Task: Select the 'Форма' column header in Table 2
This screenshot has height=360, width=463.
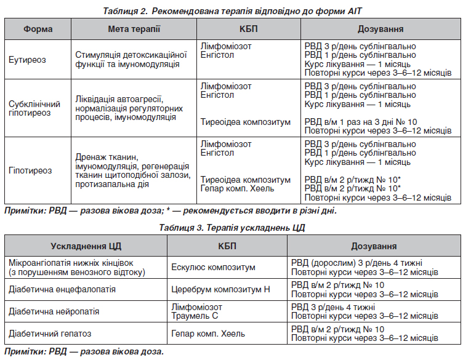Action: (38, 30)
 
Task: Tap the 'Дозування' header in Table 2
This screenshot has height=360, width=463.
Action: (380, 30)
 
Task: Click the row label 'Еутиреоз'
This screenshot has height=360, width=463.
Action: (27, 60)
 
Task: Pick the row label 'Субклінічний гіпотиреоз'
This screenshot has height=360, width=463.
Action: (34, 108)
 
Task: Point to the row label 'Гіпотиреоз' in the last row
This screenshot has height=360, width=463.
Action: (30, 170)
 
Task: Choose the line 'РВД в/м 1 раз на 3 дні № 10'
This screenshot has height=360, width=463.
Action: (361, 122)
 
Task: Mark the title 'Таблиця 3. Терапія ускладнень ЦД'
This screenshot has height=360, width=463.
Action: (231, 228)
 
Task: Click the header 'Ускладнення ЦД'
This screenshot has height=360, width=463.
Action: (86, 246)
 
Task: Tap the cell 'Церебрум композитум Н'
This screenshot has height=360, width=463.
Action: (220, 289)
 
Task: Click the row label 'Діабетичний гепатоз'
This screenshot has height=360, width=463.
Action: (50, 334)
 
